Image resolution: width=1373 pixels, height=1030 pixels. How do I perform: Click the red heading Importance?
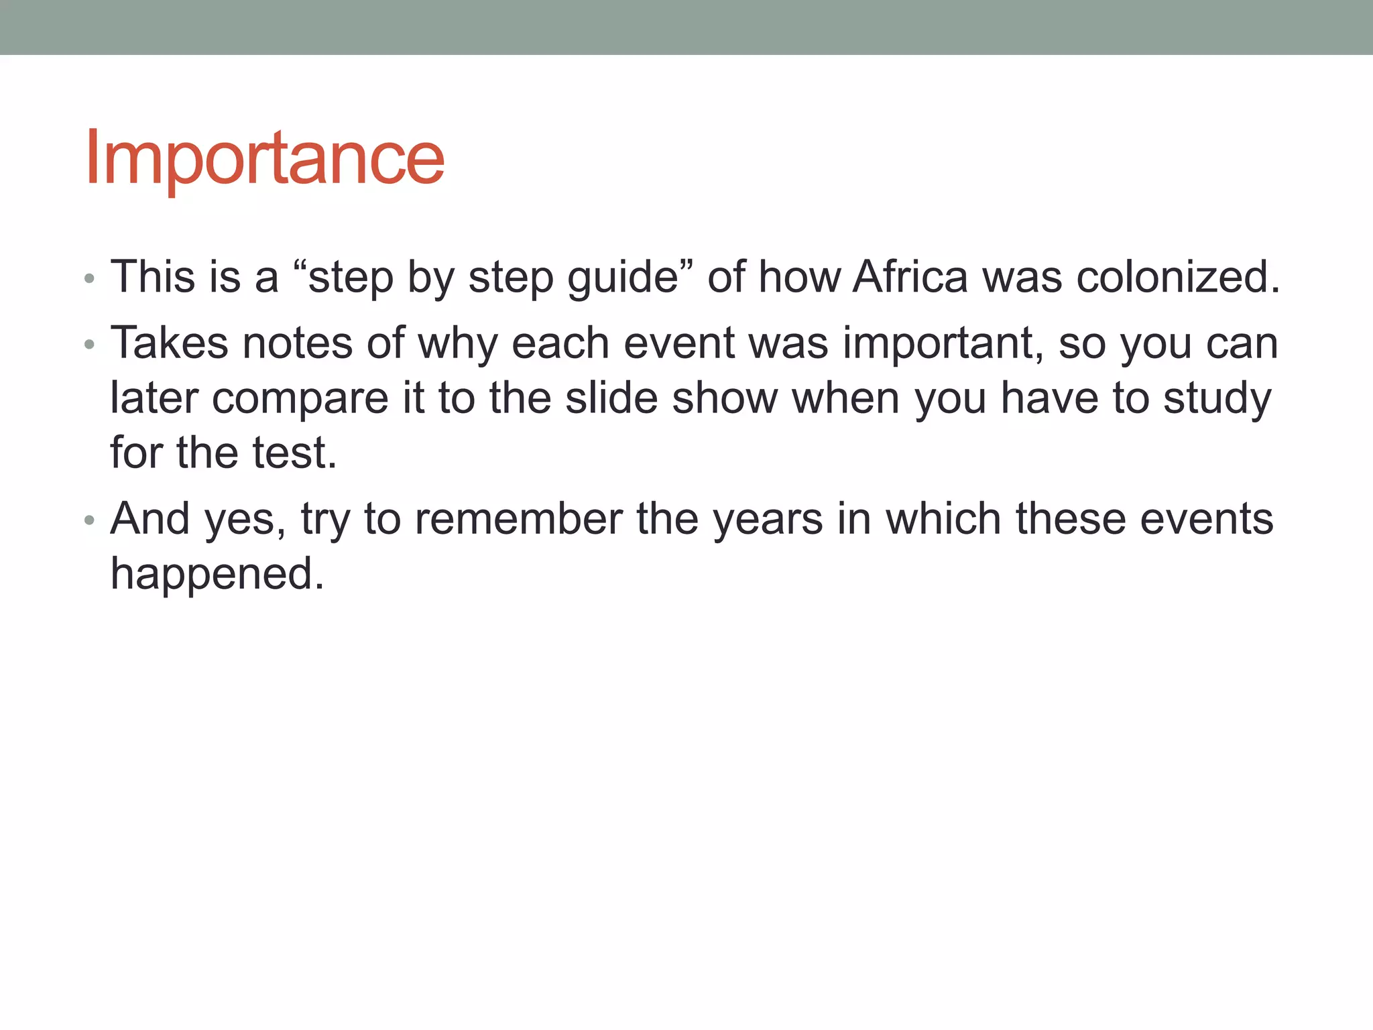(264, 158)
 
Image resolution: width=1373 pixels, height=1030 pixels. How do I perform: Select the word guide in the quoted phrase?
(623, 278)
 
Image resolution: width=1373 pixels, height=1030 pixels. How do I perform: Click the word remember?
(518, 519)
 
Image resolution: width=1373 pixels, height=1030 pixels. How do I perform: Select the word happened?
(217, 575)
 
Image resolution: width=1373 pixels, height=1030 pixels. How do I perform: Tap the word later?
(154, 398)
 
